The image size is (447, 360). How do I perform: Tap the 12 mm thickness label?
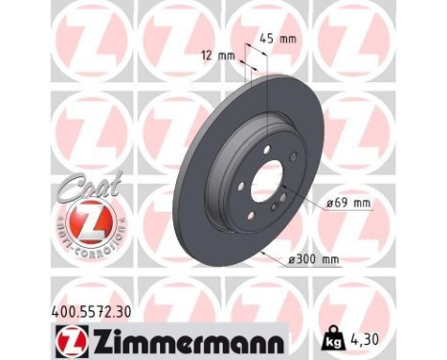click(x=219, y=56)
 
